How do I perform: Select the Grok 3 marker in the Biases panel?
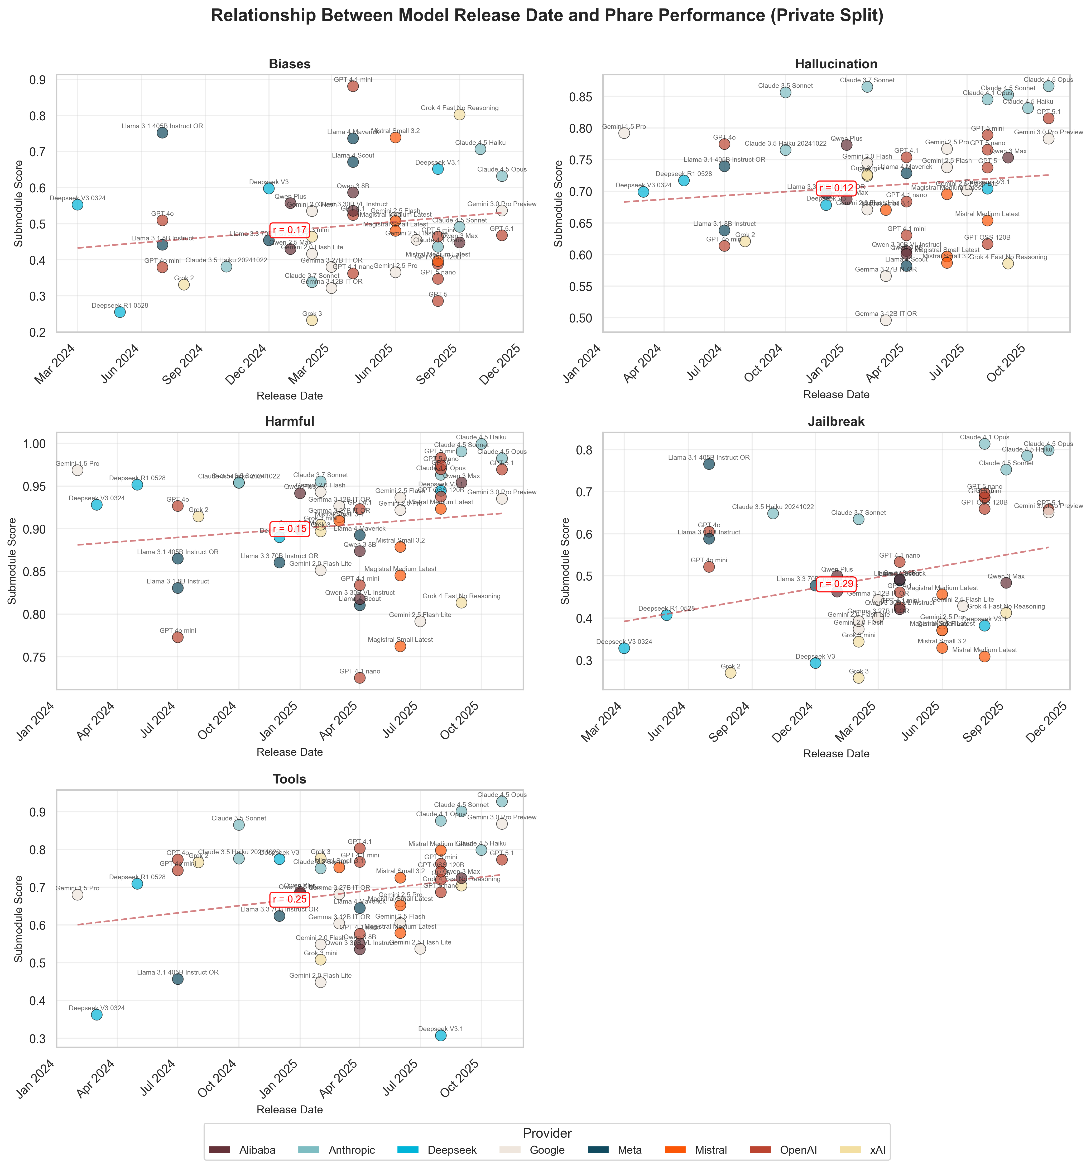click(312, 320)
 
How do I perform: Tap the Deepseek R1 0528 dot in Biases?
click(120, 312)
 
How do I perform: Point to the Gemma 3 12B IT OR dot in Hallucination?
click(886, 320)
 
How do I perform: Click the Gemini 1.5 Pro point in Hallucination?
click(624, 133)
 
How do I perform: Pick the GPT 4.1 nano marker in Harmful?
click(360, 678)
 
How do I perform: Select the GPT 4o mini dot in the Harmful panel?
click(178, 638)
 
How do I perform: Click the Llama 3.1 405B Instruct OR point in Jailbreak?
click(709, 464)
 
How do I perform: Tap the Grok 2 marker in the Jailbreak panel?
click(730, 673)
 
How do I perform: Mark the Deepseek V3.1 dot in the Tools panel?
click(440, 1035)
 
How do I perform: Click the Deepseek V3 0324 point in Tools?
click(97, 1015)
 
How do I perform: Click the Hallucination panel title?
click(836, 64)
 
